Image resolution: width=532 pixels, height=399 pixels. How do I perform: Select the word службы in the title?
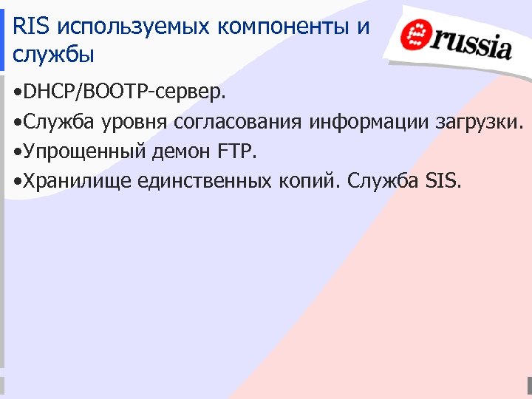click(54, 55)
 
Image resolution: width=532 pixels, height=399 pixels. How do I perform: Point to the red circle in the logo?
click(415, 35)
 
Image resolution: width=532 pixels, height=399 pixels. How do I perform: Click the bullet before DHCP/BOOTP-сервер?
click(17, 93)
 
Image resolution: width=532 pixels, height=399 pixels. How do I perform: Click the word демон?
click(183, 152)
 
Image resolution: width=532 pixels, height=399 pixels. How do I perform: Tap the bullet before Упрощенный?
click(17, 152)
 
